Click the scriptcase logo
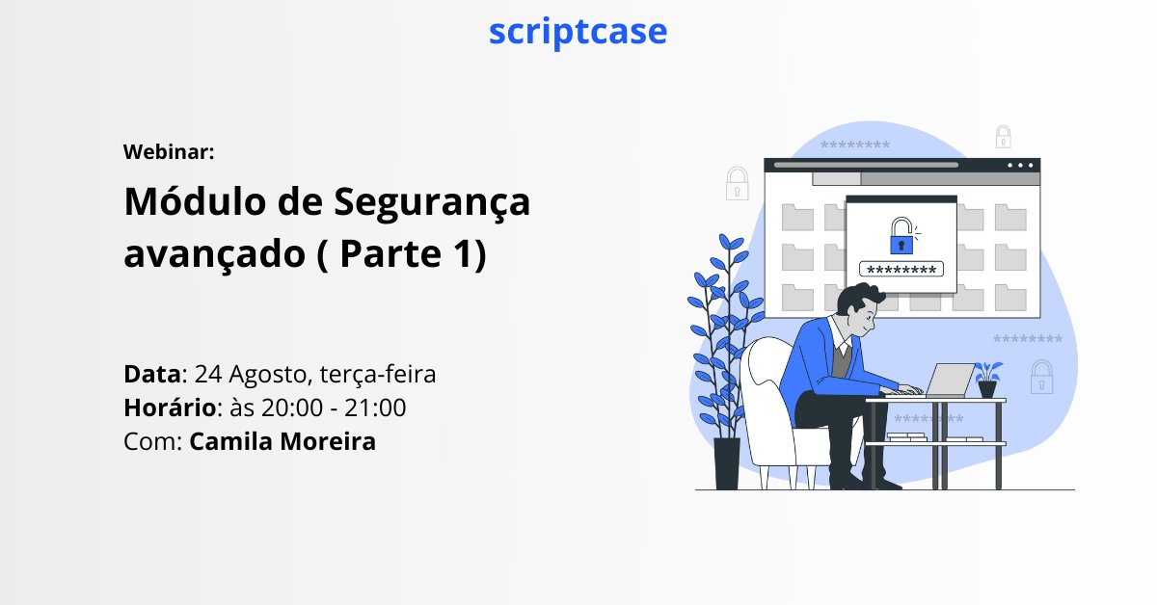pyautogui.click(x=578, y=31)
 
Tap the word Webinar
pyautogui.click(x=169, y=151)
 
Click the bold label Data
pyautogui.click(x=153, y=374)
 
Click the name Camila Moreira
pyautogui.click(x=283, y=442)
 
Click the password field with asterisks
pyautogui.click(x=901, y=270)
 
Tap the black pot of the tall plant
pyautogui.click(x=727, y=463)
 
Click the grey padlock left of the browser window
pyautogui.click(x=738, y=183)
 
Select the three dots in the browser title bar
pyautogui.click(x=1022, y=165)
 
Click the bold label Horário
pyautogui.click(x=170, y=408)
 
